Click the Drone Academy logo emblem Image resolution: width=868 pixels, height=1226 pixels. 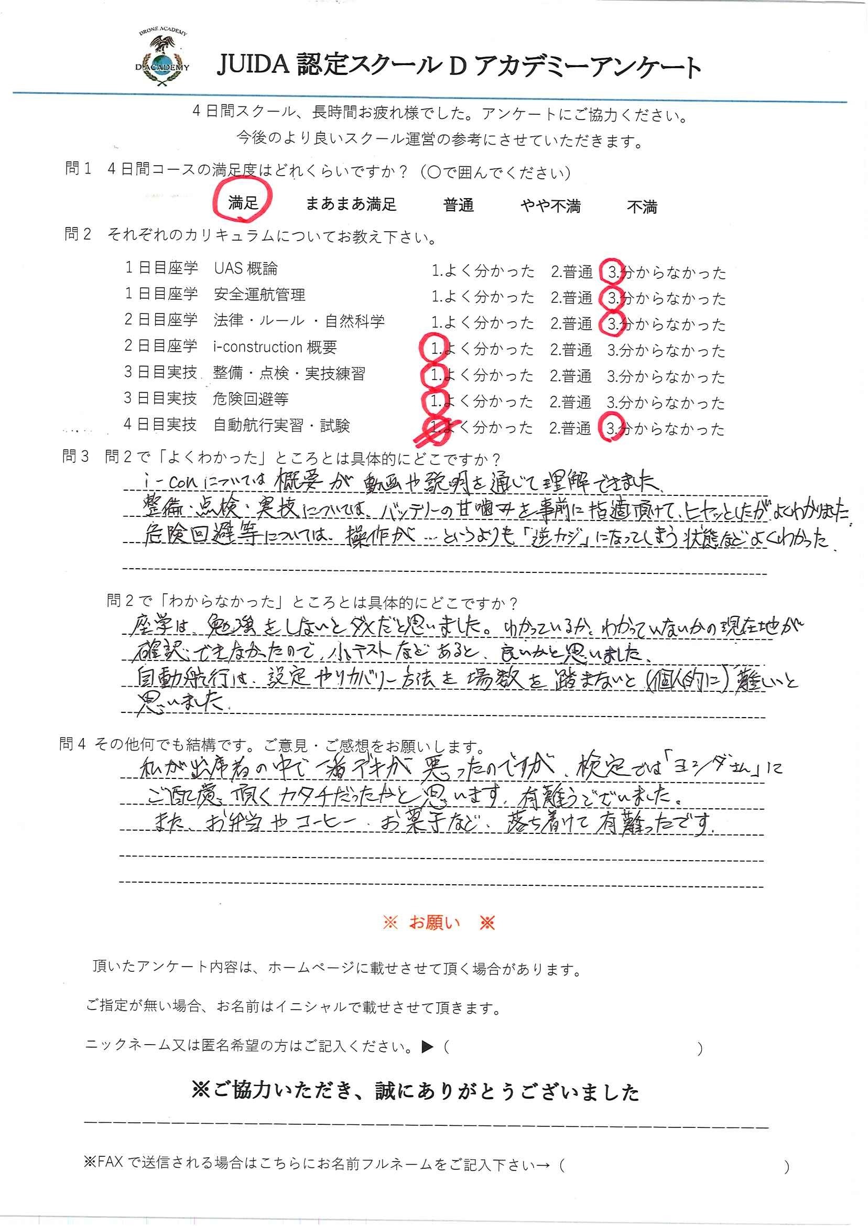pos(162,58)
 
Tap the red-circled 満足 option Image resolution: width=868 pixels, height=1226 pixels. pos(243,202)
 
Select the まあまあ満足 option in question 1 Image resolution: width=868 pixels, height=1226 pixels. pos(351,204)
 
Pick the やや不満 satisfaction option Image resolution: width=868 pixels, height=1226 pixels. pos(550,206)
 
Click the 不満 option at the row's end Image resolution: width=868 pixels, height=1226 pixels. pos(642,207)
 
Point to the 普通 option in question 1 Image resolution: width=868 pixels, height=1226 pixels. pos(458,205)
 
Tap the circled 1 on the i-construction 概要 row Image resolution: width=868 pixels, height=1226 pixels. pos(435,349)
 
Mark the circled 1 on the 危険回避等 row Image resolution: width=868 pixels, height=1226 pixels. pos(434,401)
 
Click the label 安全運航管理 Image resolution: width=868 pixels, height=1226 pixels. pos(259,295)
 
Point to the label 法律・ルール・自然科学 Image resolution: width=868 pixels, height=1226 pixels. pos(299,321)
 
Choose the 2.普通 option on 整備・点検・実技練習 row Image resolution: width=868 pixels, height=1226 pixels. pos(570,376)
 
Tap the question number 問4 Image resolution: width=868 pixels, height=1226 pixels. pos(72,744)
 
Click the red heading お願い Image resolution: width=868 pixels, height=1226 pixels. pos(434,923)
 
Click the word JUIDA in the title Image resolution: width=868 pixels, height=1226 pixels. pos(253,66)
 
